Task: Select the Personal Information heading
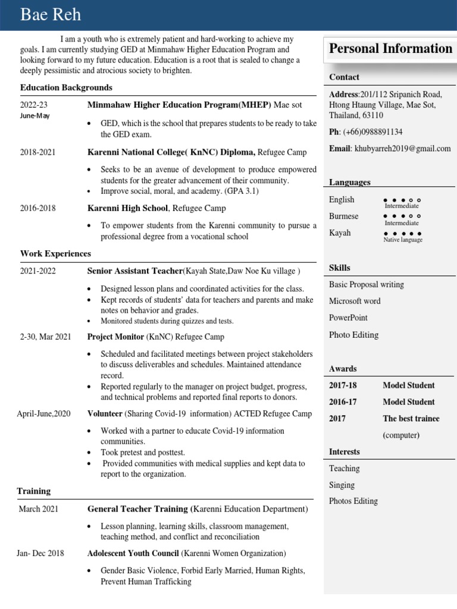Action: coord(390,49)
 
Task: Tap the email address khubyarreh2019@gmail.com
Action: coord(402,149)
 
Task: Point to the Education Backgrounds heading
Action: coord(66,87)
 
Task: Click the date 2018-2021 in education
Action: coord(37,152)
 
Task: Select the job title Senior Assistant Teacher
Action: coord(134,271)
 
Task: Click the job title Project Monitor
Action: coord(115,337)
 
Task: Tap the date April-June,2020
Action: coord(43,413)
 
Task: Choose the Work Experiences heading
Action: coord(55,253)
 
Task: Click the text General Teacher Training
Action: coord(137,509)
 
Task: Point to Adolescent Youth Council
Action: coord(133,553)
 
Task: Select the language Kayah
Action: coord(340,233)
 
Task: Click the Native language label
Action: coord(403,240)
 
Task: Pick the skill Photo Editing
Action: coord(353,335)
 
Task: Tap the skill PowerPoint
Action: coord(348,318)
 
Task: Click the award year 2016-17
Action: coord(343,401)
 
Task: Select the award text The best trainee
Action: coord(411,418)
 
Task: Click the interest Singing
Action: coord(342,485)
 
